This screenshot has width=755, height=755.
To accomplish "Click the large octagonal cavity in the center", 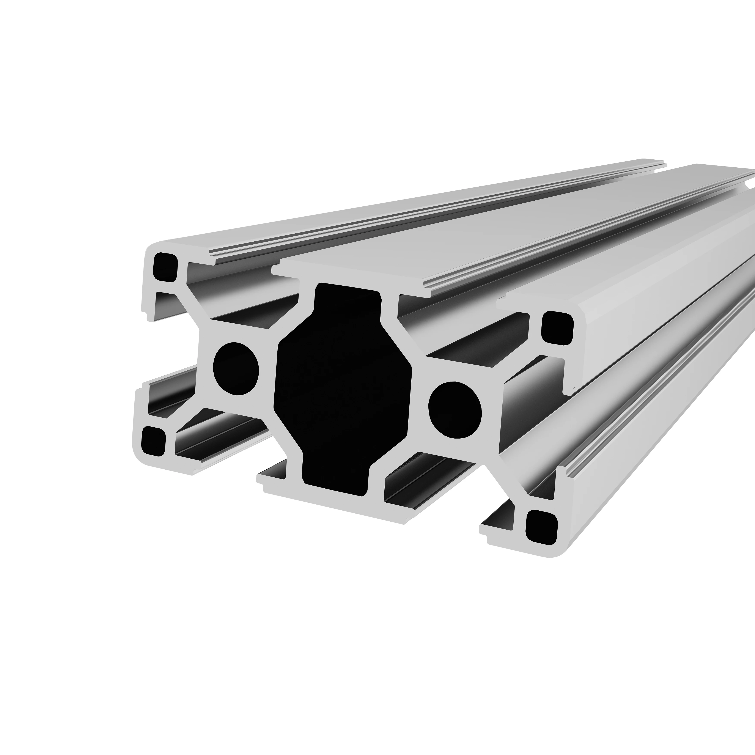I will pyautogui.click(x=343, y=387).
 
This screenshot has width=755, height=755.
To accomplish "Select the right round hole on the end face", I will pyautogui.click(x=455, y=410).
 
